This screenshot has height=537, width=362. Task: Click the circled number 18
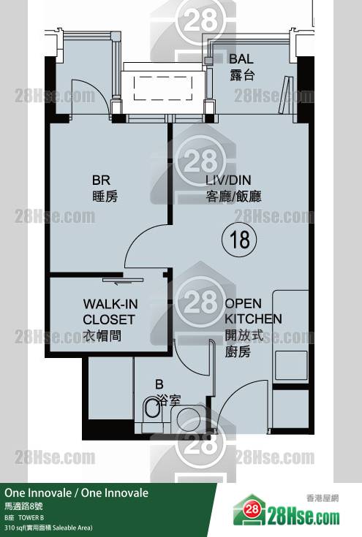tap(239, 240)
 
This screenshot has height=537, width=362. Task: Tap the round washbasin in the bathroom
tap(189, 419)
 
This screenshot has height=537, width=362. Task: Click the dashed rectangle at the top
tap(163, 88)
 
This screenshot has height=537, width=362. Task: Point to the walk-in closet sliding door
tap(123, 280)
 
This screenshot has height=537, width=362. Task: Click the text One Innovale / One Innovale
tap(77, 493)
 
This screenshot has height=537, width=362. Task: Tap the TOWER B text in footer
tap(31, 517)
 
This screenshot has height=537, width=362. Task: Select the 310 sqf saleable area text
tap(48, 528)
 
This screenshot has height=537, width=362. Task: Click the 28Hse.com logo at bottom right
tap(287, 511)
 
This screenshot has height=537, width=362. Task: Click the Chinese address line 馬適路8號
tap(23, 506)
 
